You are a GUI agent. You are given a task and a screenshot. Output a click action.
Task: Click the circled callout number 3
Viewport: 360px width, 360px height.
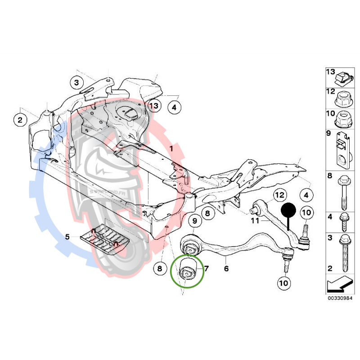[76, 83]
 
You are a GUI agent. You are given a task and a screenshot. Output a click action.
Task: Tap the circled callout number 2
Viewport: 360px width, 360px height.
[20, 120]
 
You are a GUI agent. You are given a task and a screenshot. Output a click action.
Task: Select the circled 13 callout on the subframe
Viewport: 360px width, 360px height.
[154, 106]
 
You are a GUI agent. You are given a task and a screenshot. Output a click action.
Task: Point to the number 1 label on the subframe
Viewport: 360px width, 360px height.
[171, 148]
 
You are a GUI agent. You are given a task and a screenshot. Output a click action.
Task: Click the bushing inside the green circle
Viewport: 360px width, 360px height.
[187, 270]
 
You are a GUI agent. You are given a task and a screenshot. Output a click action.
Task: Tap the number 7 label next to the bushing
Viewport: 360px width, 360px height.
[207, 269]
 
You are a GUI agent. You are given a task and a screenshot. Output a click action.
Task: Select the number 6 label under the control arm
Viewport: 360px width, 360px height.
[226, 269]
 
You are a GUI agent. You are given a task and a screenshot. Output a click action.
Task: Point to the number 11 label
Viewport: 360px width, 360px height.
[255, 221]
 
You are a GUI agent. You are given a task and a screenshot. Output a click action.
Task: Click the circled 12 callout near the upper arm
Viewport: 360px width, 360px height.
[279, 195]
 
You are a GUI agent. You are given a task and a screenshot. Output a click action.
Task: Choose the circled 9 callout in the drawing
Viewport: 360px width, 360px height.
[194, 221]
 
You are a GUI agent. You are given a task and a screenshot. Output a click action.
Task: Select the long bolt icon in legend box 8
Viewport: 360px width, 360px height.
[343, 191]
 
